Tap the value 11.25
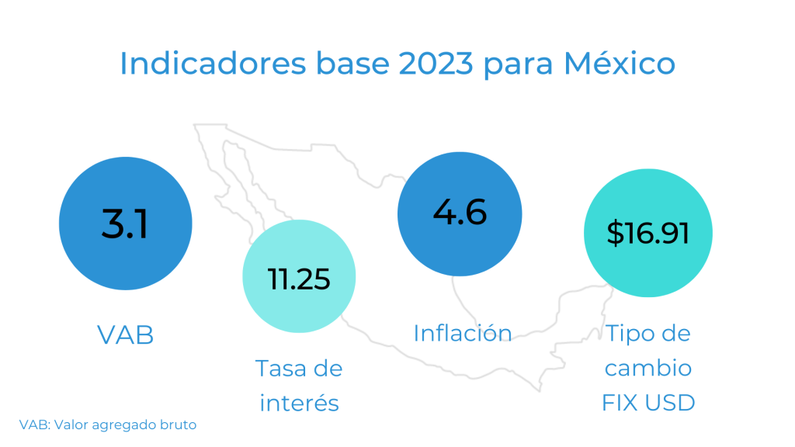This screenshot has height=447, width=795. click(x=299, y=279)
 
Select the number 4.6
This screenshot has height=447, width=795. click(x=460, y=212)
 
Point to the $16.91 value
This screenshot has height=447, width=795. click(x=647, y=233)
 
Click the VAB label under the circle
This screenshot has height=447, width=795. click(x=125, y=335)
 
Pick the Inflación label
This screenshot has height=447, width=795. click(x=463, y=333)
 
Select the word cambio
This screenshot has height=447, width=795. click(x=648, y=368)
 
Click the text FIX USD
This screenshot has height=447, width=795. click(x=648, y=403)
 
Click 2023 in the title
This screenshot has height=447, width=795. click(x=436, y=64)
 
